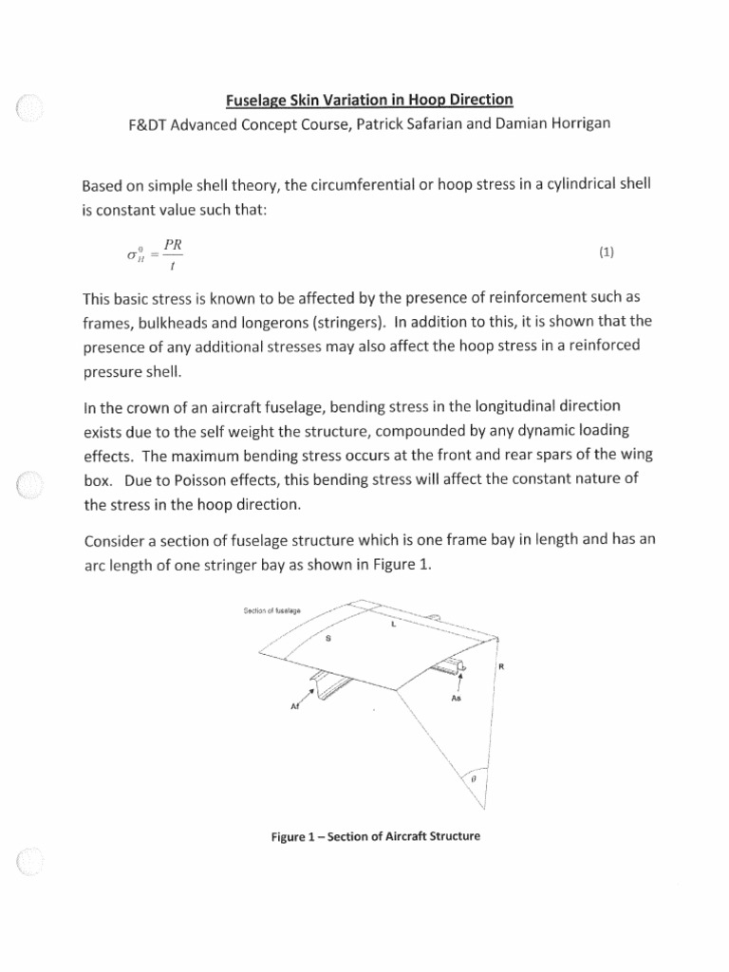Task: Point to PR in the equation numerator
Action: (x=173, y=243)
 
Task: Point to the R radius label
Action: (x=500, y=667)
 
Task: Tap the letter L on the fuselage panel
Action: (x=393, y=626)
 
